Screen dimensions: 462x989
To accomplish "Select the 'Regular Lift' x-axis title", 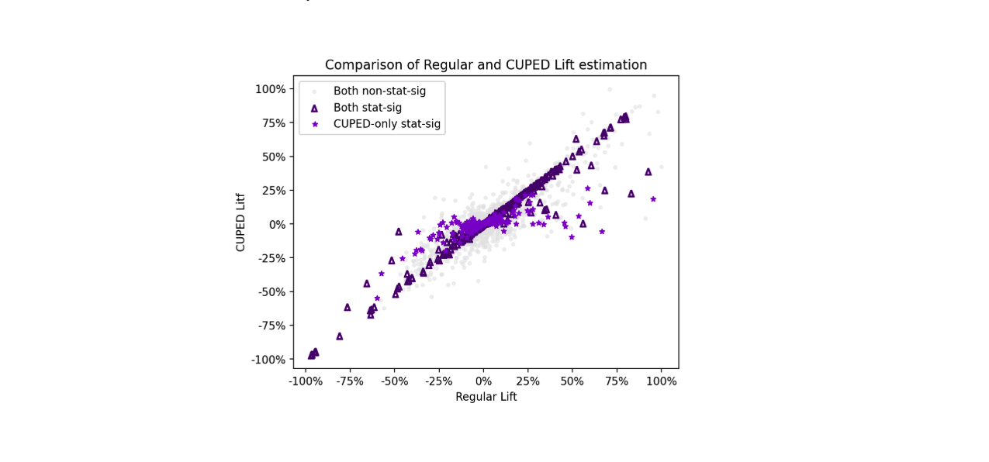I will (486, 397).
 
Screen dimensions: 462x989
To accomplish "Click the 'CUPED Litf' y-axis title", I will (241, 222).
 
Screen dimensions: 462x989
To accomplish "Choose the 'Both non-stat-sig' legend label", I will (379, 91).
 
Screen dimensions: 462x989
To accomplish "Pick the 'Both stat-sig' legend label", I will (367, 108).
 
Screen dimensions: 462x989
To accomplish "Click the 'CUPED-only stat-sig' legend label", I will (386, 124).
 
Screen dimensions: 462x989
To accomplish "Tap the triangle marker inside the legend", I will (314, 108).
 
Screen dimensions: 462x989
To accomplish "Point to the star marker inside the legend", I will (314, 124).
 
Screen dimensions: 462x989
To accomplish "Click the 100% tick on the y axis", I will (271, 89).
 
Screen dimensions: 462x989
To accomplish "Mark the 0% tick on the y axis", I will (277, 224).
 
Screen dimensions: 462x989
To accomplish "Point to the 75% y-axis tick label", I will (274, 122).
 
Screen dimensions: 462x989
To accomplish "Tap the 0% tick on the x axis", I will (483, 381).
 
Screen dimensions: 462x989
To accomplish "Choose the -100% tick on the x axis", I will (305, 381).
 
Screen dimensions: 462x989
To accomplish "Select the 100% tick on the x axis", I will (662, 381).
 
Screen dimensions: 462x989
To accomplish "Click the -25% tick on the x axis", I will (439, 381).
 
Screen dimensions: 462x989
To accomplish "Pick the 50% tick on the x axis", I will (572, 381).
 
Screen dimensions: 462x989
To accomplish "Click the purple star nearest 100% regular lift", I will (653, 199).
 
